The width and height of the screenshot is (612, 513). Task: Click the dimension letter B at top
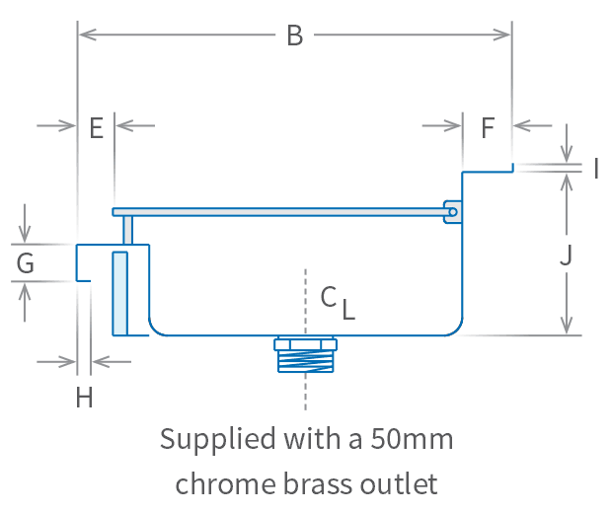pos(294,37)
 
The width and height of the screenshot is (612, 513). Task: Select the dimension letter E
pos(96,128)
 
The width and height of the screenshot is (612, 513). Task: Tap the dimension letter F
pos(488,127)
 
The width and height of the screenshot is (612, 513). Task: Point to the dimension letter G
pos(26,263)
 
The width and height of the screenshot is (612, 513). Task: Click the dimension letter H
pos(85,398)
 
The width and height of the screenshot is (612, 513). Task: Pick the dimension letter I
pos(596,169)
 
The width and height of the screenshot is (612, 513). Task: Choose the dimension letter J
pos(566,256)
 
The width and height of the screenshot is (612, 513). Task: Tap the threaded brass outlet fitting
pos(306,355)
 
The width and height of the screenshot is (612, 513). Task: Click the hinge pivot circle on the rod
pos(452,211)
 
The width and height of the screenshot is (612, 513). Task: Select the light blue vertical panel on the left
pos(119,293)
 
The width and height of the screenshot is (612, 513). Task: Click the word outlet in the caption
pos(399,483)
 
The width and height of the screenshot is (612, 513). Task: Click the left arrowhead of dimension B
pos(85,36)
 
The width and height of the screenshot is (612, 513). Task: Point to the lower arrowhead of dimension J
pos(566,327)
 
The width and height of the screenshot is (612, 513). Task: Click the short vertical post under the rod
pos(128,230)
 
